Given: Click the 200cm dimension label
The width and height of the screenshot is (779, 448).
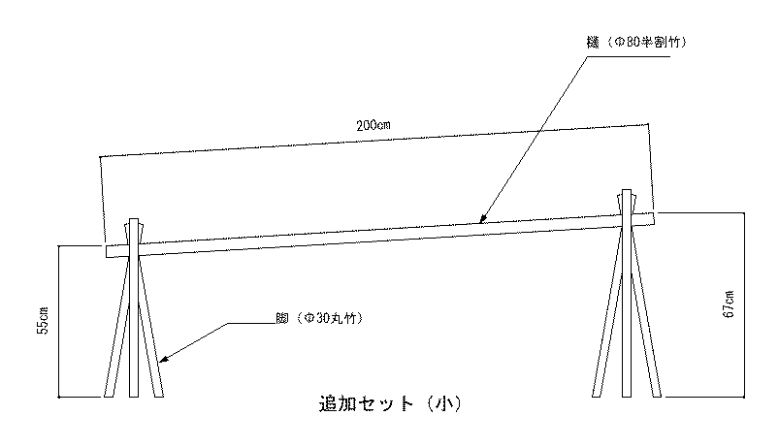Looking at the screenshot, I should tap(373, 126).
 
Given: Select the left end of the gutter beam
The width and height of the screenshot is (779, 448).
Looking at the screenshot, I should tap(108, 250).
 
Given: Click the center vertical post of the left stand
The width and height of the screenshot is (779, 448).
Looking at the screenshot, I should tap(134, 330).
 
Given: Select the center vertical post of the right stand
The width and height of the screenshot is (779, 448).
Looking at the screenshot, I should tap(627, 310).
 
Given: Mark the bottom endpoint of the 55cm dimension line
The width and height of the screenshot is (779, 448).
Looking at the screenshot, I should tap(60, 397).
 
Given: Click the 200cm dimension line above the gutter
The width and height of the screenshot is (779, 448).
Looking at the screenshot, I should tap(373, 140).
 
